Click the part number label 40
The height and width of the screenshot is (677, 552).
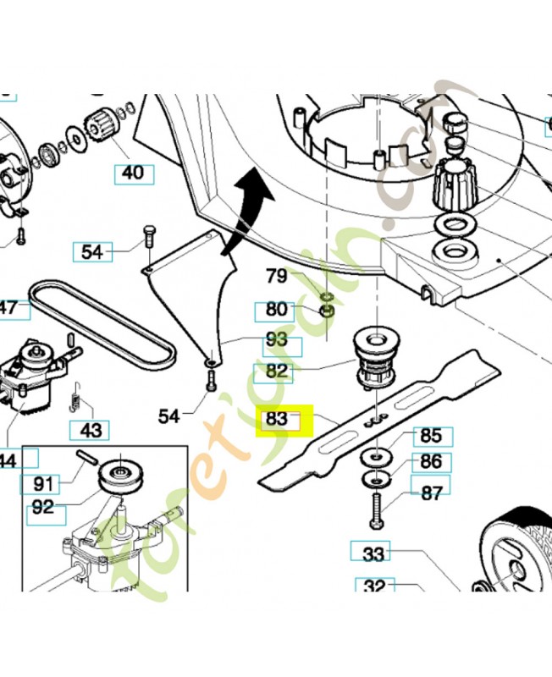point(133,174)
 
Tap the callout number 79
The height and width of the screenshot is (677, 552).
point(277,276)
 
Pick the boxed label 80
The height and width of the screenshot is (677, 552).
point(276,310)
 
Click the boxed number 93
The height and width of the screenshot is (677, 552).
point(277,343)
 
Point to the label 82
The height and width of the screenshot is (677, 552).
point(277,371)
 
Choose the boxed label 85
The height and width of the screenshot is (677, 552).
point(431,437)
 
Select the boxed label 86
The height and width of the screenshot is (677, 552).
point(431,462)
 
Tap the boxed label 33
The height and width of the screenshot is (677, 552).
point(373,554)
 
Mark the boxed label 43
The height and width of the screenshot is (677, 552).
point(91,430)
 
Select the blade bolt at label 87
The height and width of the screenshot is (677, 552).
point(373,508)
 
